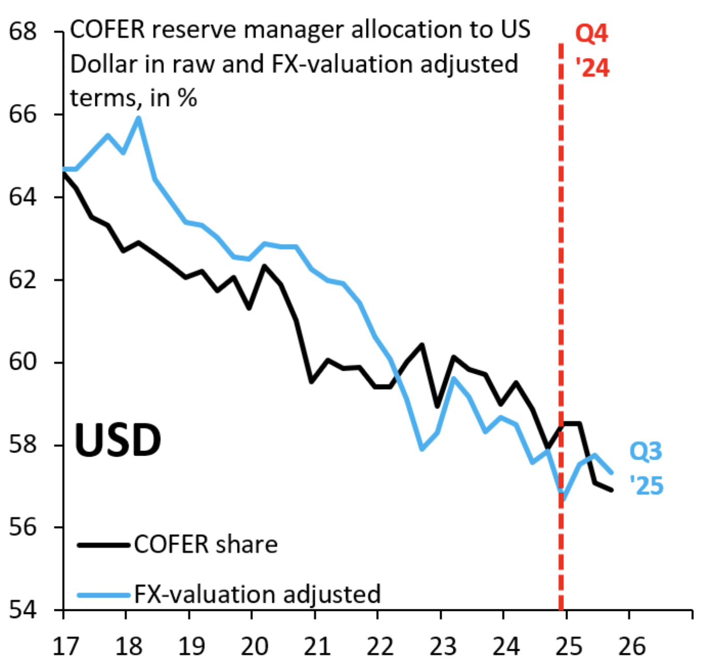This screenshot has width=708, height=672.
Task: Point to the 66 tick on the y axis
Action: (23, 114)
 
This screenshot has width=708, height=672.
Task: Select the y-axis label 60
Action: (23, 362)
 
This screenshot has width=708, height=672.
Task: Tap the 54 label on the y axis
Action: (23, 609)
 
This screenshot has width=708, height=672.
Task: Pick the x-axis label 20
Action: (254, 647)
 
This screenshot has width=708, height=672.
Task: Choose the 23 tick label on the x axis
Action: (443, 647)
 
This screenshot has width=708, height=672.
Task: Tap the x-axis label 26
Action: (631, 647)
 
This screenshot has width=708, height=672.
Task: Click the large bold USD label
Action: (118, 440)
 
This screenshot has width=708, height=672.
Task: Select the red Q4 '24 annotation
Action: (592, 51)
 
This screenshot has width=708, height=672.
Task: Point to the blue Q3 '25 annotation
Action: (646, 469)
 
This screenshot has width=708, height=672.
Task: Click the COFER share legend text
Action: (206, 545)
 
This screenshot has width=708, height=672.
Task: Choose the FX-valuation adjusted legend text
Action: (258, 594)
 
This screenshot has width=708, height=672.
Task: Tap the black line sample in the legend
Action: (103, 545)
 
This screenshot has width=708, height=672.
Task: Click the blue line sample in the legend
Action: (103, 595)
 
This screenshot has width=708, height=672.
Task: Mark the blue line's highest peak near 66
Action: (138, 118)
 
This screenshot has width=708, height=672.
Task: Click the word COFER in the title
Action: (107, 30)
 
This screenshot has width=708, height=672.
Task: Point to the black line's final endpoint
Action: (612, 490)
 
